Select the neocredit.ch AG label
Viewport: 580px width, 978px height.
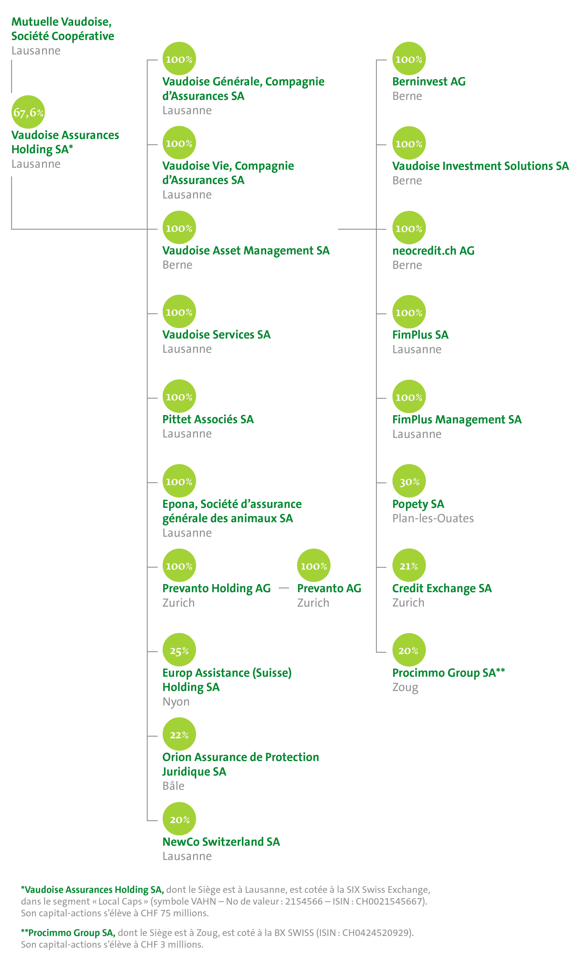click(433, 251)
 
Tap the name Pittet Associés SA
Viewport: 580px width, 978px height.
click(208, 419)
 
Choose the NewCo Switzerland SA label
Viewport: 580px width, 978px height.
click(221, 842)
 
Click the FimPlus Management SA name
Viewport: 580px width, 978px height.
click(456, 419)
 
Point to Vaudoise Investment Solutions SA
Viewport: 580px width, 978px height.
click(480, 166)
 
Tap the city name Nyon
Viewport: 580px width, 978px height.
click(176, 702)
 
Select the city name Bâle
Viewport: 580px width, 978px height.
click(173, 786)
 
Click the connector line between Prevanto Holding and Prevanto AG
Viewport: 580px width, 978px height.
click(284, 588)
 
